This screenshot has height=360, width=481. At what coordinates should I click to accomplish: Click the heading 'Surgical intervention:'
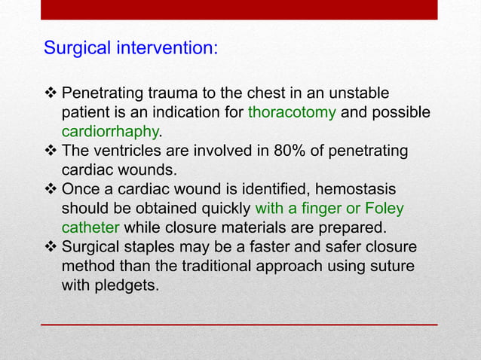click(x=131, y=49)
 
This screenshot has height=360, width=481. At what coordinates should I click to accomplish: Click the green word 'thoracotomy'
click(x=294, y=114)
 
